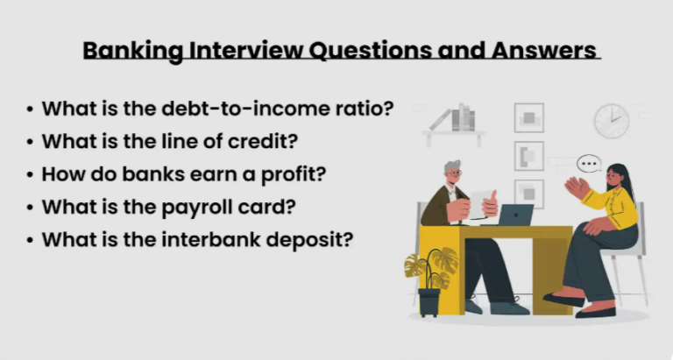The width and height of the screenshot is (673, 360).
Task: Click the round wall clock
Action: point(612,121)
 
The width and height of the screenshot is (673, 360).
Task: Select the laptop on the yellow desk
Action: point(516,215)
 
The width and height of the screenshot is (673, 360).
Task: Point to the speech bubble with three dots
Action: point(589,163)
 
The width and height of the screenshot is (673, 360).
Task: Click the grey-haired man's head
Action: point(452,173)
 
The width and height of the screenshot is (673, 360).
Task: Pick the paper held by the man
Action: point(479,201)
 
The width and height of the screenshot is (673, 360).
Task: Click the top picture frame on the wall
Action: point(528,117)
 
